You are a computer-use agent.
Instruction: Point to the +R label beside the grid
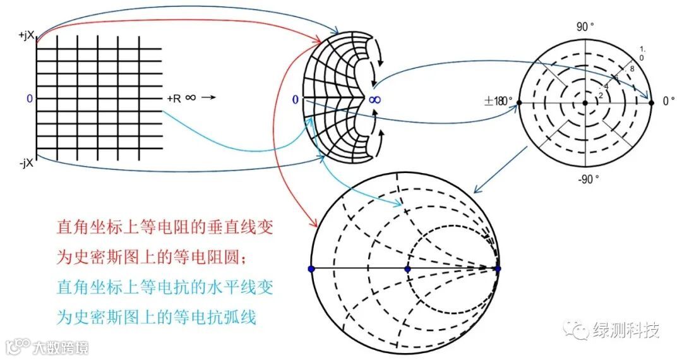click(174, 99)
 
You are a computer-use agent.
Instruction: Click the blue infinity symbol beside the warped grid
click(375, 100)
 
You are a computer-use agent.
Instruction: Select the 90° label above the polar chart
click(585, 27)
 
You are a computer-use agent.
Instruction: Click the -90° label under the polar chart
click(587, 179)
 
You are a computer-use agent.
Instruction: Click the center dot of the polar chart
click(585, 102)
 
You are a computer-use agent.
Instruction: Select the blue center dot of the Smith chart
click(407, 269)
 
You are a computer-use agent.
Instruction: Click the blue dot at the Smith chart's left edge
click(311, 269)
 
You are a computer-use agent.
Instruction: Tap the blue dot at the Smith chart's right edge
click(498, 269)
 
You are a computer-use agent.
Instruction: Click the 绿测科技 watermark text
click(626, 330)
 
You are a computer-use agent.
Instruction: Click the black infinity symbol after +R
click(191, 99)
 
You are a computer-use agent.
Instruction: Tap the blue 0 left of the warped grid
click(295, 100)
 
